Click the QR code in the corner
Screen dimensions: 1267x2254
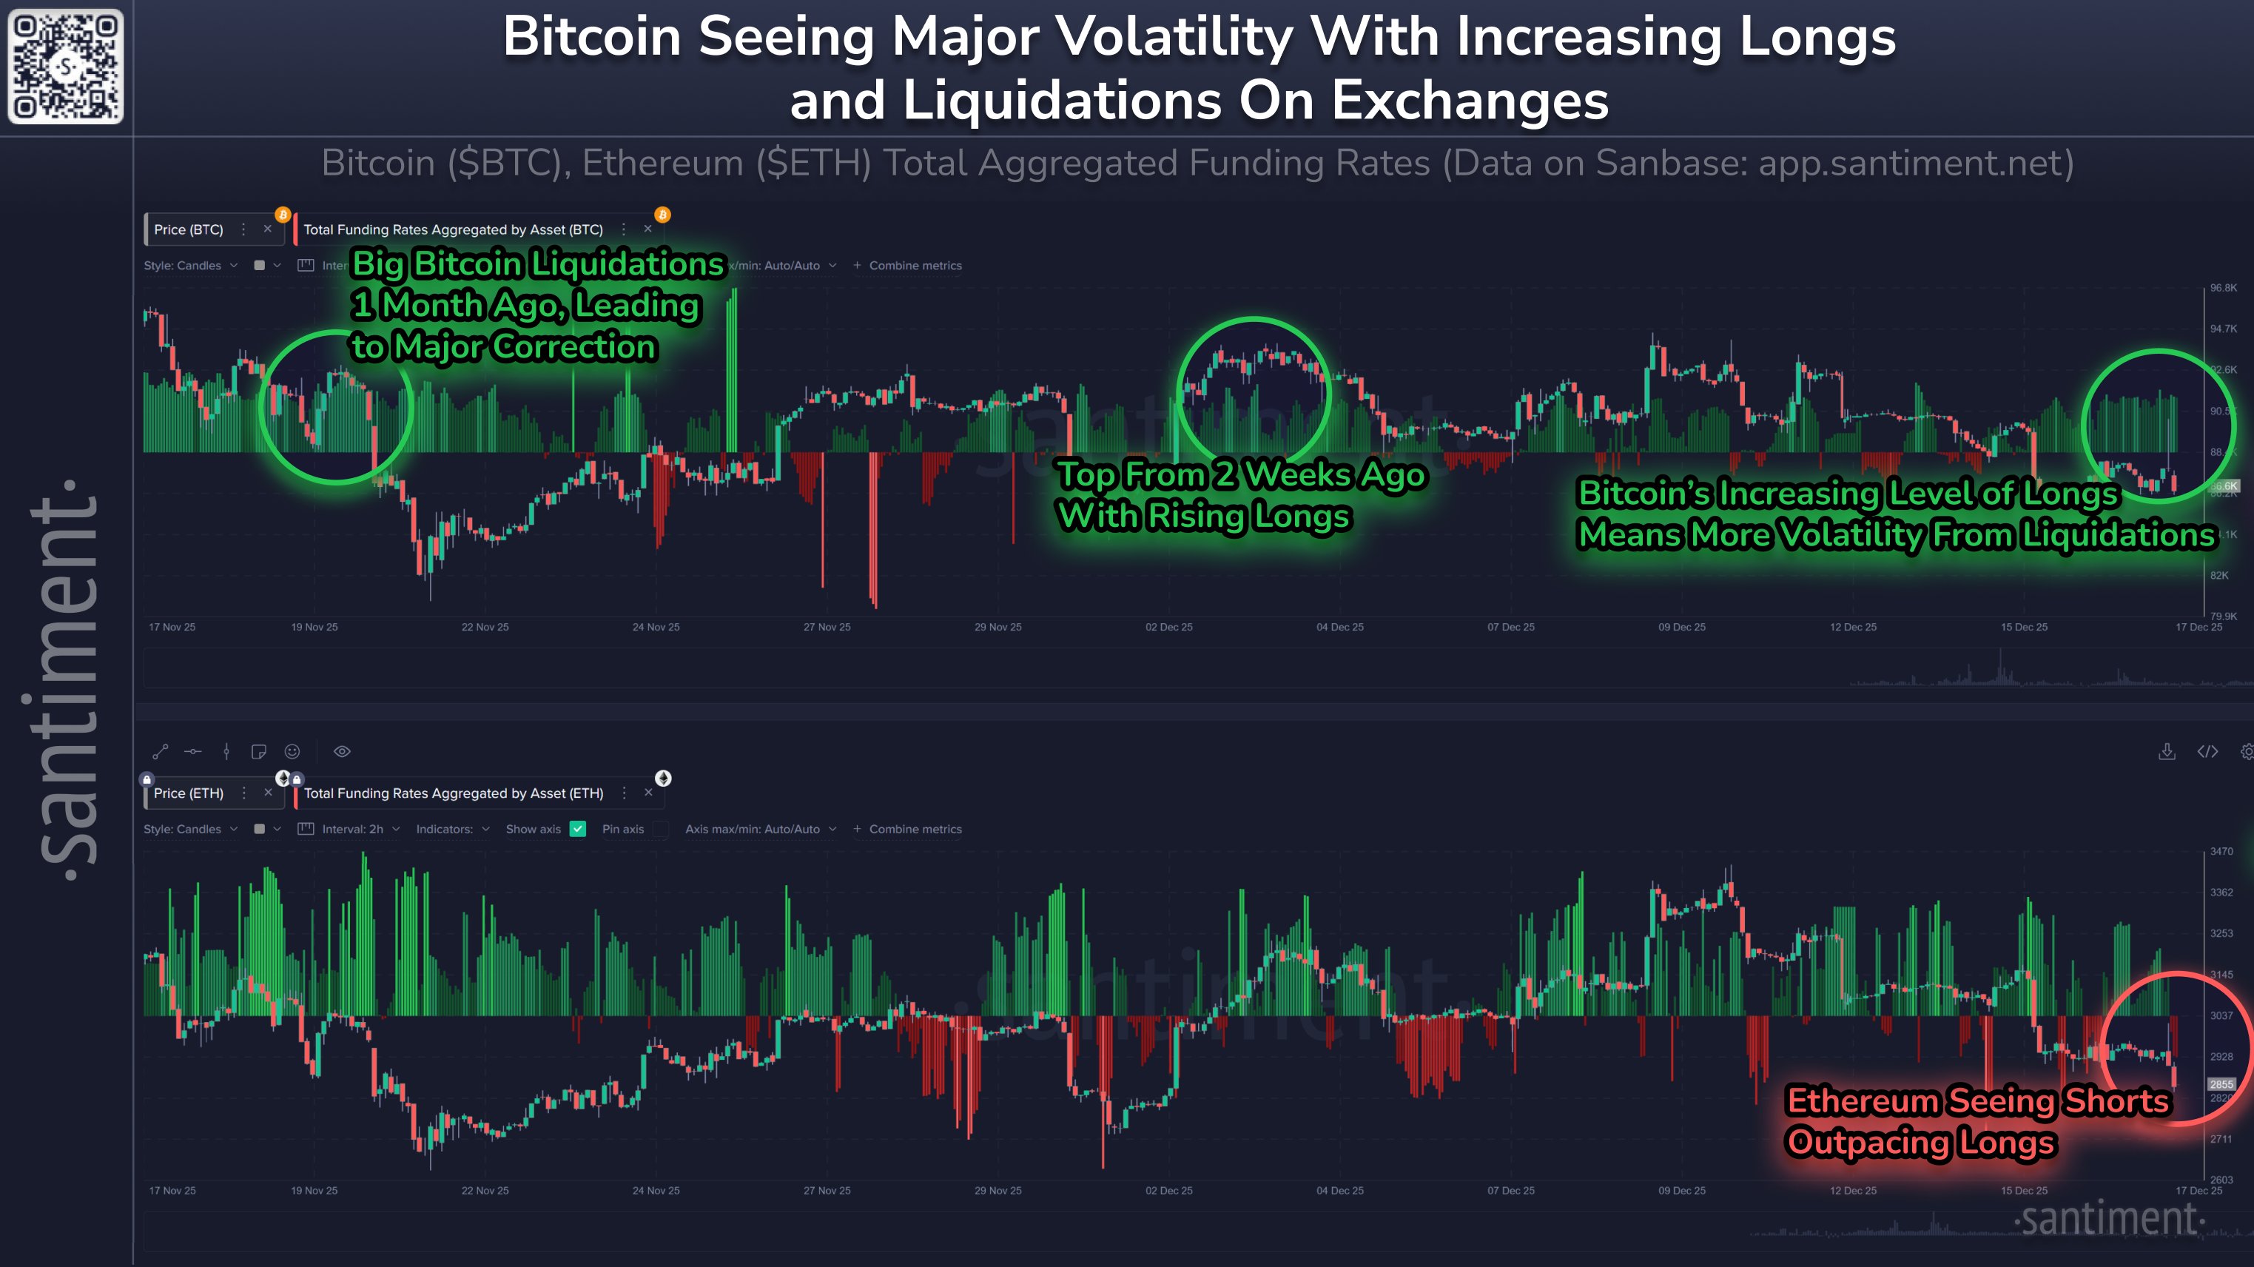[66, 67]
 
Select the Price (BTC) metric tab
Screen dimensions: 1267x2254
[188, 229]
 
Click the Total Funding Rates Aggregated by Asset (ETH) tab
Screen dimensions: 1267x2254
[454, 793]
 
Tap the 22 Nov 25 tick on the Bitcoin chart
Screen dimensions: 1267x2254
[485, 628]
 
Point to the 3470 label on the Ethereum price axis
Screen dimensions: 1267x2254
[2221, 851]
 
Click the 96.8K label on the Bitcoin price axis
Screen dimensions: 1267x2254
[2222, 288]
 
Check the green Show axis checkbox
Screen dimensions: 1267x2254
[577, 829]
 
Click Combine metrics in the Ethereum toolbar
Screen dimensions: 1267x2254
[915, 829]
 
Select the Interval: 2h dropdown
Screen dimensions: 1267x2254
[351, 829]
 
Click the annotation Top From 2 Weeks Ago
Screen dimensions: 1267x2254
[1241, 475]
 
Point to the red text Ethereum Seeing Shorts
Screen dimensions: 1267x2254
[1977, 1100]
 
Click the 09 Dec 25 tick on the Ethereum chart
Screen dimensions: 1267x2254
[1681, 1191]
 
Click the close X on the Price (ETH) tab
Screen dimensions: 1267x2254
[268, 793]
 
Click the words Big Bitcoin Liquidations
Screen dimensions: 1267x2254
[537, 264]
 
